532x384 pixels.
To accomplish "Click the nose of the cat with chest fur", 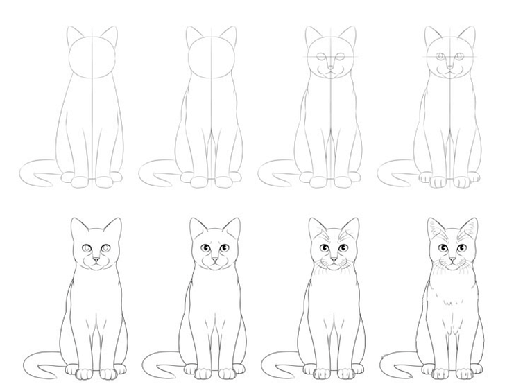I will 452,260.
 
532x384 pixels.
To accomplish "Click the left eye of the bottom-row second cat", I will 206,249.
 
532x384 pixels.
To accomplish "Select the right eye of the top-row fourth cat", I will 460,56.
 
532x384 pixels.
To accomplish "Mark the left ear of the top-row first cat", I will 74,34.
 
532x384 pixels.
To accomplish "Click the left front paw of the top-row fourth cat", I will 439,182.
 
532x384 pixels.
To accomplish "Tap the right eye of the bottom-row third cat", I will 343,248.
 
